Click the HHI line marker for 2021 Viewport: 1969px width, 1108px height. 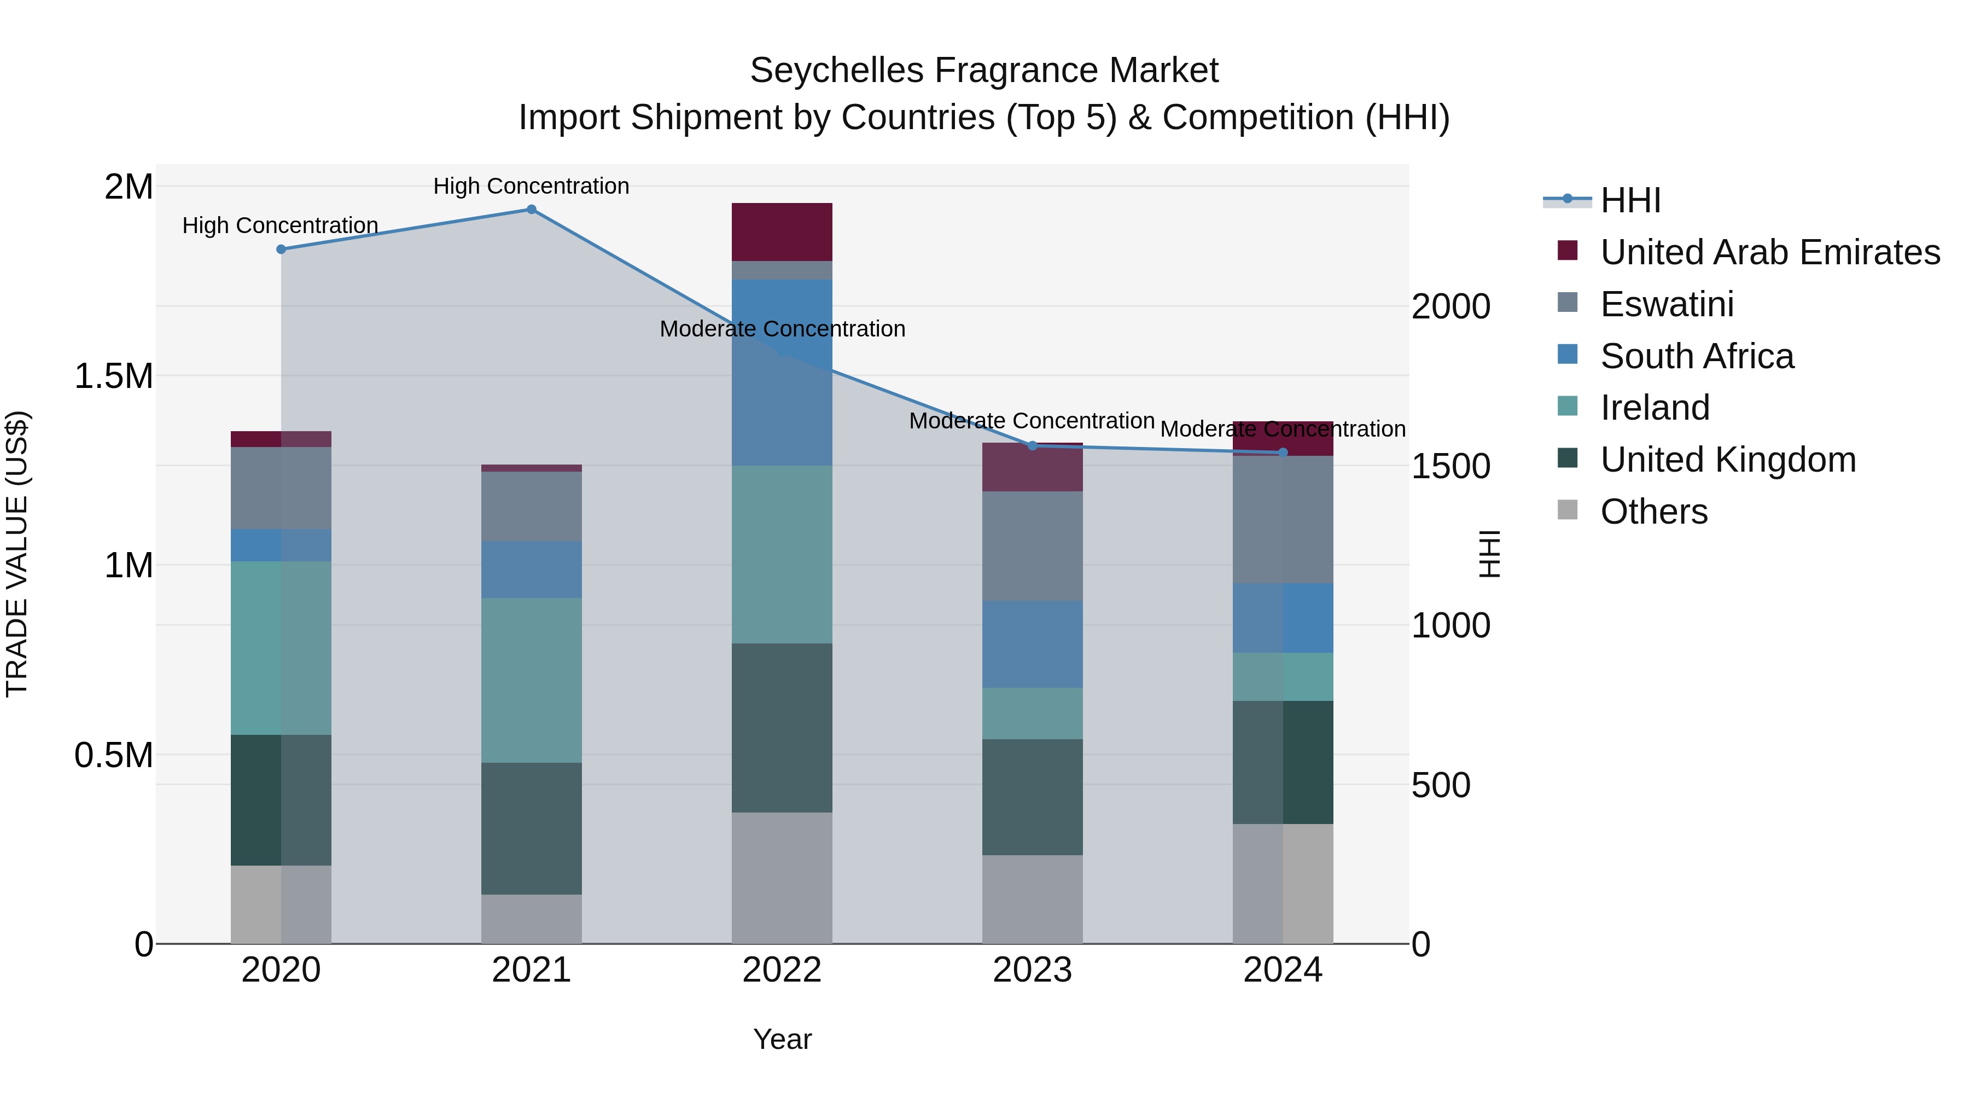[531, 210]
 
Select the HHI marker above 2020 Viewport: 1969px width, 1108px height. [281, 250]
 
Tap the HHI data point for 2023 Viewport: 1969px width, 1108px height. [1032, 446]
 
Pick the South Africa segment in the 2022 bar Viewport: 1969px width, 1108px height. [782, 373]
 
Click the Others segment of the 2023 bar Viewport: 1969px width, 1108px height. [1032, 899]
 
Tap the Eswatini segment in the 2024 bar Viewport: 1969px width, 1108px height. [1283, 520]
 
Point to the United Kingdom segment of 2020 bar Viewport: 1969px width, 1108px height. [281, 800]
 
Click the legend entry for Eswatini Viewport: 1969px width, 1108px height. [1667, 304]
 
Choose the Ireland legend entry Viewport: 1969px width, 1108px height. [1655, 408]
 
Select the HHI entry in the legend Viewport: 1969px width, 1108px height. [1630, 200]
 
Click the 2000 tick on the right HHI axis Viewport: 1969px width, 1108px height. [1450, 306]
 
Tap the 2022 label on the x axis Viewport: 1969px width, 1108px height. [782, 970]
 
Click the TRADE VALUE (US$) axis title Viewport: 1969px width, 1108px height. [17, 554]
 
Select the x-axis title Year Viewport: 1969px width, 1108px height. [782, 1039]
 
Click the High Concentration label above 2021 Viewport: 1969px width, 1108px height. [531, 186]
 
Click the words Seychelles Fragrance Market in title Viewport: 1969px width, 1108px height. [984, 71]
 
